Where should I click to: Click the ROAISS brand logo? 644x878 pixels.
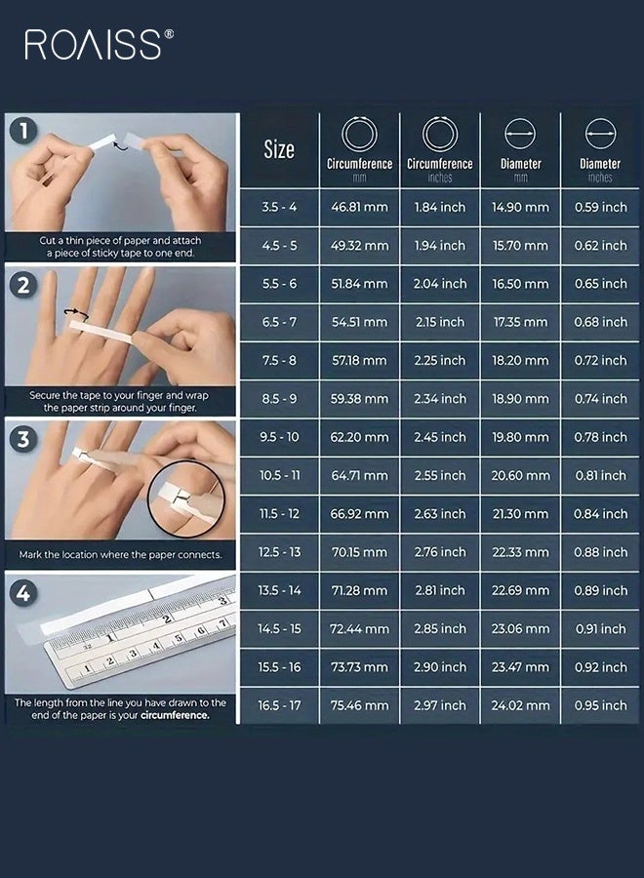tap(99, 44)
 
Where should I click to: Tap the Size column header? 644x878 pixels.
tap(279, 149)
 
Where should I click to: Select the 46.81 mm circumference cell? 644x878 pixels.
tap(359, 208)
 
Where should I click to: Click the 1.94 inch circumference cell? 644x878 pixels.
tap(439, 246)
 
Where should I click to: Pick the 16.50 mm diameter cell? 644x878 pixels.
tap(520, 284)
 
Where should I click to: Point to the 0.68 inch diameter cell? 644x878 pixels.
tap(601, 322)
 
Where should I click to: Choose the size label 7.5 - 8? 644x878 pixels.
tap(279, 361)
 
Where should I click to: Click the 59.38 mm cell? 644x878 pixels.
tap(359, 399)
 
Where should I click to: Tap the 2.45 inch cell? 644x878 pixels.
tap(439, 437)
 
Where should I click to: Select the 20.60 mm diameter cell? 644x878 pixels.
tap(520, 476)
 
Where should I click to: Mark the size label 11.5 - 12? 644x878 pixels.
tap(279, 514)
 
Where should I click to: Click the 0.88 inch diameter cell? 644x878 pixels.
tap(601, 552)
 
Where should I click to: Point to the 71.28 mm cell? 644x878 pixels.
tap(359, 590)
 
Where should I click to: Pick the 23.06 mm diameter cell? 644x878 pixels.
tap(520, 629)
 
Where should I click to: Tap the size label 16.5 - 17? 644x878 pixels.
tap(279, 705)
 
